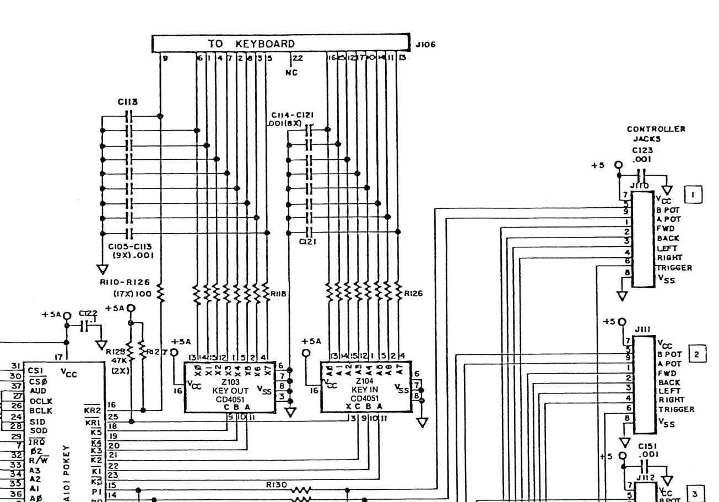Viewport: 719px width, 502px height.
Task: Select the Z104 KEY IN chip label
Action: (365, 376)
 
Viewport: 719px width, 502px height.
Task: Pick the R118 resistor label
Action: (277, 294)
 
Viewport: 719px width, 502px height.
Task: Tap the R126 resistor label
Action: (413, 294)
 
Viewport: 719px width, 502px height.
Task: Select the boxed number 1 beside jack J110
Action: (692, 195)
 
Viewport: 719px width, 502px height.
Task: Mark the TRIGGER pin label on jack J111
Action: (675, 409)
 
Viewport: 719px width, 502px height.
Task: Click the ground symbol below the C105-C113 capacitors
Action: (102, 269)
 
